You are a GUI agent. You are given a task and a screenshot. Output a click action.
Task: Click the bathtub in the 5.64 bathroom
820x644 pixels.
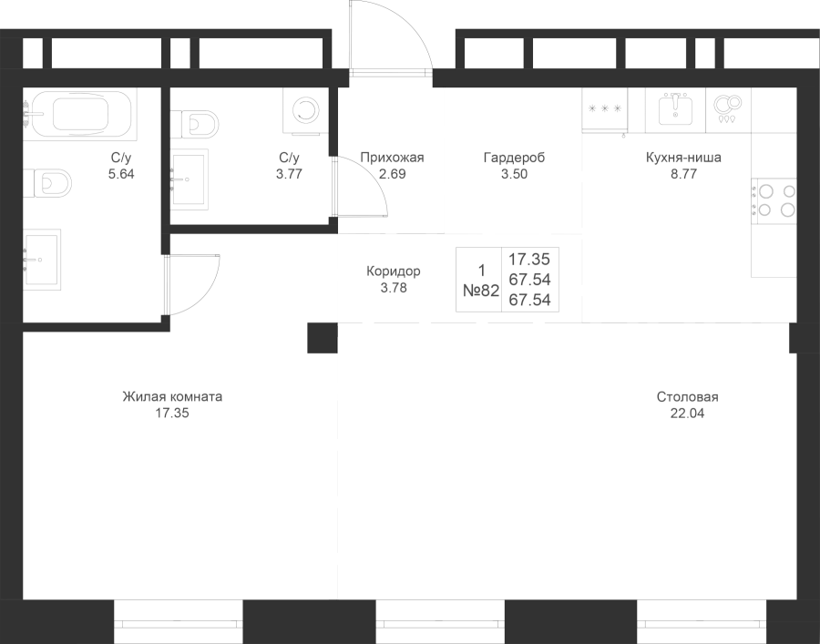[79, 114]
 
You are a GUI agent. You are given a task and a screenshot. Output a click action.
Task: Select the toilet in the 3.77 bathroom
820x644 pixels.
[194, 125]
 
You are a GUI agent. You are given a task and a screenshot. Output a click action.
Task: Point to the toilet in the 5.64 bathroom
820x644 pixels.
[47, 182]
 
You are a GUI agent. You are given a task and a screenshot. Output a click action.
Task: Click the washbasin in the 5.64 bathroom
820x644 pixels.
[42, 260]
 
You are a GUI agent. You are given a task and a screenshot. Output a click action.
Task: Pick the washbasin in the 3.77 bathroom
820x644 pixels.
[190, 179]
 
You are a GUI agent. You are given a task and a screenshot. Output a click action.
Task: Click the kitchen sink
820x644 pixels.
[675, 110]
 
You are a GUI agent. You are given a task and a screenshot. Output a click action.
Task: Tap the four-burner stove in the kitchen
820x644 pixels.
[774, 200]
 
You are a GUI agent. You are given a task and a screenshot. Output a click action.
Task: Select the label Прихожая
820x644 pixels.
[392, 158]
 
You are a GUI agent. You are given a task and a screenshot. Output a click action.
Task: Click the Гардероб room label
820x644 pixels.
[514, 158]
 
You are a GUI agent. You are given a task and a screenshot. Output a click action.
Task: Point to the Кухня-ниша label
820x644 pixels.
[683, 158]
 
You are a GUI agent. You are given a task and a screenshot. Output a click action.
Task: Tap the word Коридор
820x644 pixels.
[394, 271]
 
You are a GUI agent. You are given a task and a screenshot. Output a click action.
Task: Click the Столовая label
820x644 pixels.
[687, 397]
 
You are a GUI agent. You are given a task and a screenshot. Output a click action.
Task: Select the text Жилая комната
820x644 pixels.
[172, 396]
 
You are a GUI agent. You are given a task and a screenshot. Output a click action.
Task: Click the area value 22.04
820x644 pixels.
[687, 414]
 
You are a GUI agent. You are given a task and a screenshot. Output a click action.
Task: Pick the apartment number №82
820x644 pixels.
[481, 291]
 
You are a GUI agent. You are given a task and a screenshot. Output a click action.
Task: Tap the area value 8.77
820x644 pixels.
[683, 174]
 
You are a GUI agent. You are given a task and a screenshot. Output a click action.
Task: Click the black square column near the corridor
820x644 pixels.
[323, 338]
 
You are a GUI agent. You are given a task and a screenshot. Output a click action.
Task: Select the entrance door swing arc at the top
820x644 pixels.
[391, 36]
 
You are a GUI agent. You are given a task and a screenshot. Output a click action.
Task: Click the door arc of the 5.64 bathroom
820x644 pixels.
[191, 285]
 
